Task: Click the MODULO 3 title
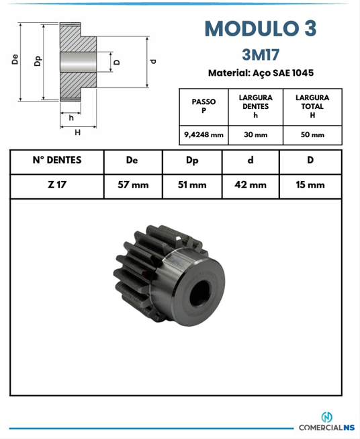(x=261, y=28)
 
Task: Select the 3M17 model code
(x=261, y=54)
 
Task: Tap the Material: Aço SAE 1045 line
(x=261, y=73)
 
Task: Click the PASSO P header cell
(x=204, y=106)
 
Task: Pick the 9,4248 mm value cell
(x=204, y=135)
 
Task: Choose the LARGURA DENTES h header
(x=256, y=106)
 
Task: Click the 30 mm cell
(x=256, y=135)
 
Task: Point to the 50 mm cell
(x=312, y=135)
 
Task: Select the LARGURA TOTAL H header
(x=312, y=106)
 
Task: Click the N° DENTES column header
(x=57, y=160)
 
